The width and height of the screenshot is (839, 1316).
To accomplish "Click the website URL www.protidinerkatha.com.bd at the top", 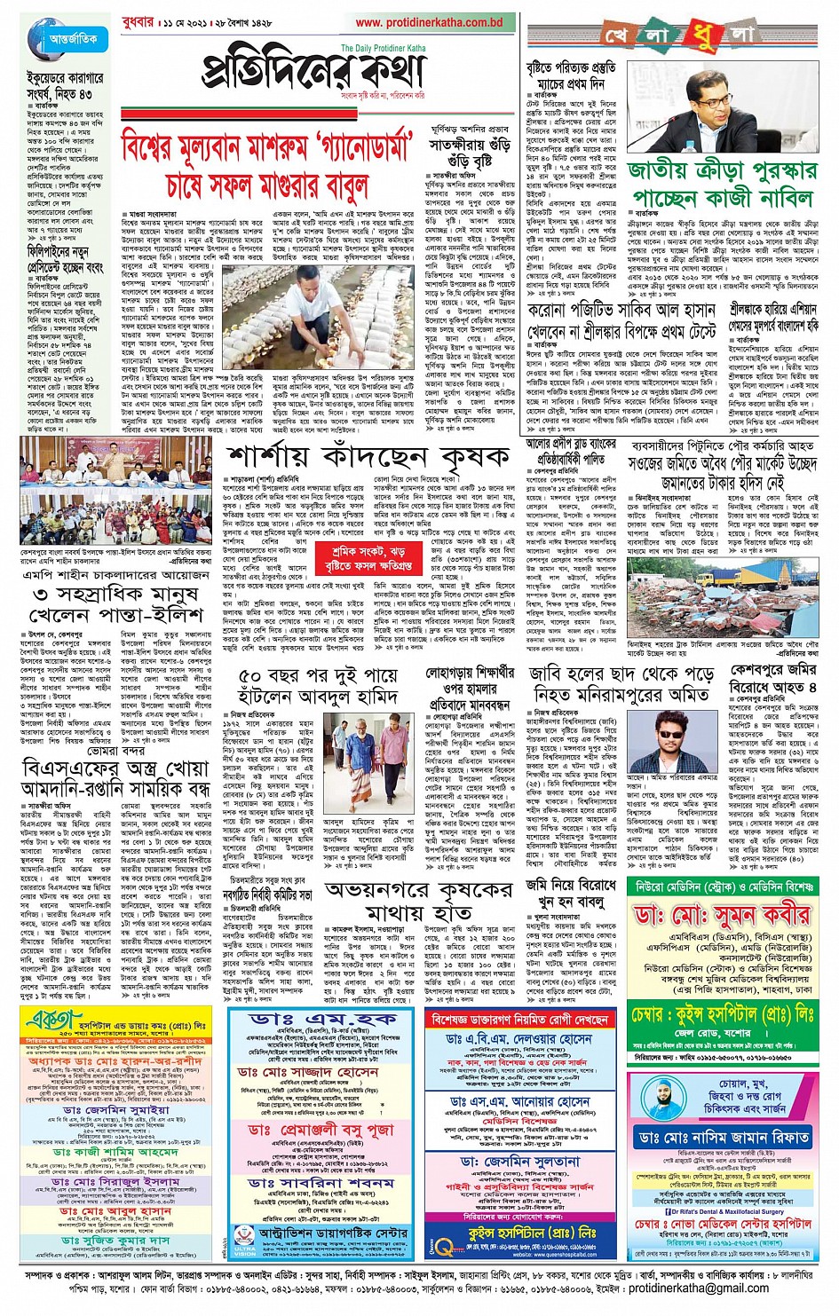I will click(429, 22).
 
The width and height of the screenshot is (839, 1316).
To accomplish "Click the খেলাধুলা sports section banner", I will click(679, 35).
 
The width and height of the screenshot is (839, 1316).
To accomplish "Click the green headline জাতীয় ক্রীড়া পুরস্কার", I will click(722, 170).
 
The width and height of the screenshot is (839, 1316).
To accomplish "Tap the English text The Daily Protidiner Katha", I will click(383, 49).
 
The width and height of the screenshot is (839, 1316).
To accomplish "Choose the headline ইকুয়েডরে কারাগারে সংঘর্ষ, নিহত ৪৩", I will click(59, 85).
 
